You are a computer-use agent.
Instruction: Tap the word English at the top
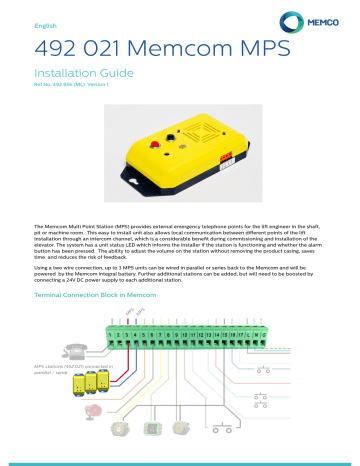pyautogui.click(x=47, y=23)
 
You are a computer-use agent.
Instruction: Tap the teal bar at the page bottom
pyautogui.click(x=180, y=462)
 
